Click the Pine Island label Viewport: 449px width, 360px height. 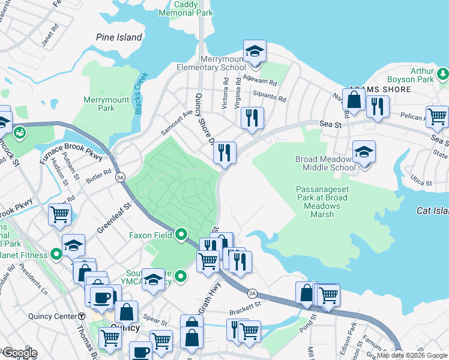[x=119, y=37]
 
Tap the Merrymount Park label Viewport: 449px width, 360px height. [x=98, y=103]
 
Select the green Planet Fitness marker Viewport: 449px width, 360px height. [x=57, y=255]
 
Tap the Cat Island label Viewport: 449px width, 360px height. [x=432, y=211]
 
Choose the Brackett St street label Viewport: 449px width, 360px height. [x=246, y=313]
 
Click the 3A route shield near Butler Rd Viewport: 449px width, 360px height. [x=120, y=177]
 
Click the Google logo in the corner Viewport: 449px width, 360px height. [x=20, y=353]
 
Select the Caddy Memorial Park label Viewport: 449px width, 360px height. [x=190, y=8]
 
